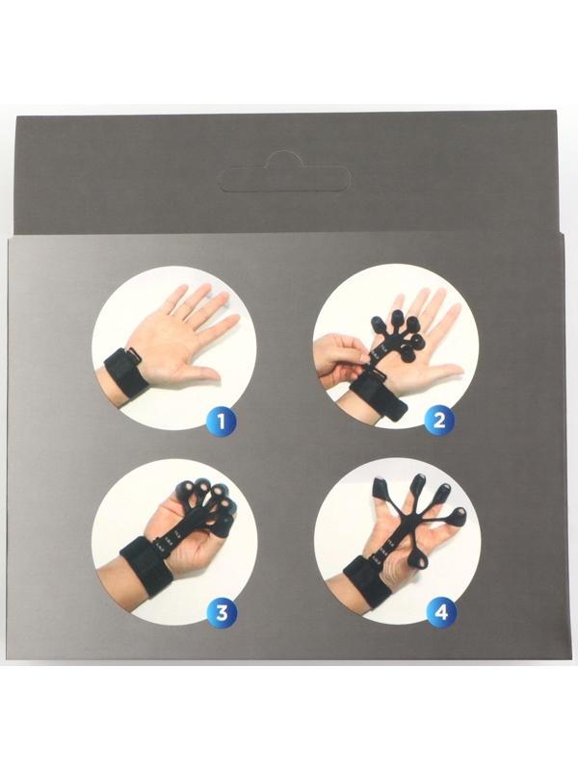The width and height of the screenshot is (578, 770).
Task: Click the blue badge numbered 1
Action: [222, 421]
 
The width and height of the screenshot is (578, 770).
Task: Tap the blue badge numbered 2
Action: [439, 420]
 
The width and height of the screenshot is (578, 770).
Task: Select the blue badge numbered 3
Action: [222, 612]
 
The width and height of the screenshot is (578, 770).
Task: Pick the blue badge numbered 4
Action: [441, 612]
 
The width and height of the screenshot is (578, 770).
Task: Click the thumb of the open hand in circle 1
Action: [202, 374]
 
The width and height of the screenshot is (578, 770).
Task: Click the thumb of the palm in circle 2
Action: [442, 371]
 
